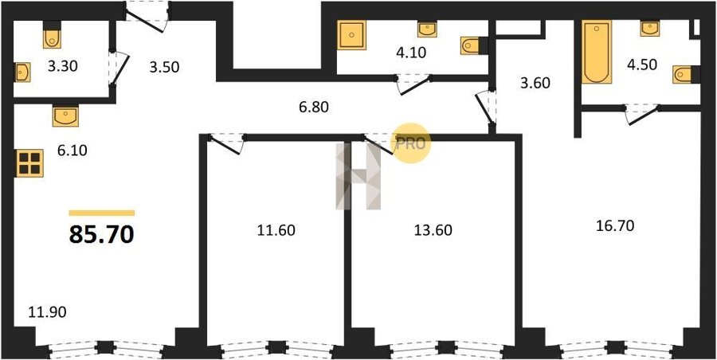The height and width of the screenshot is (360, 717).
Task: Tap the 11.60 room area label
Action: click(276, 230)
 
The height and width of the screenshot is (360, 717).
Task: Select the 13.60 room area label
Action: click(433, 230)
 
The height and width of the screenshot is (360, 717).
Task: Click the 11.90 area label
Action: click(48, 312)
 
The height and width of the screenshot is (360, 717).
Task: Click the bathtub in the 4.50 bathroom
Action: click(597, 52)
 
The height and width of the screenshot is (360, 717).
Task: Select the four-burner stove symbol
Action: click(29, 163)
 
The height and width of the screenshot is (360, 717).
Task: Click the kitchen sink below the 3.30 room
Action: click(65, 115)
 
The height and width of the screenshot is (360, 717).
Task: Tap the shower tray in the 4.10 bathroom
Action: click(351, 35)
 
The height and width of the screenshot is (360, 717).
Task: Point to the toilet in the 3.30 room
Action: click(52, 36)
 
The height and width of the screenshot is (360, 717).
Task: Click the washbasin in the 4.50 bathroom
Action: click(650, 29)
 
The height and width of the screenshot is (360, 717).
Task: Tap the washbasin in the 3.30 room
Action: click(22, 72)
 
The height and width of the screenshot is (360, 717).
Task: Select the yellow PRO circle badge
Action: click(413, 143)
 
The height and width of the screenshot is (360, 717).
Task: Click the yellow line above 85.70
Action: click(101, 213)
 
